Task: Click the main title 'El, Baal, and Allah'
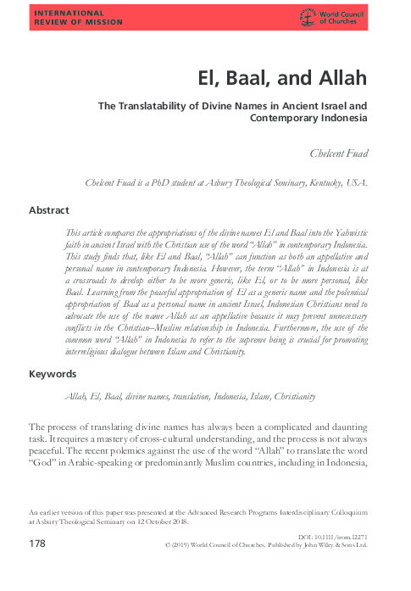277,79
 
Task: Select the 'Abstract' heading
51,209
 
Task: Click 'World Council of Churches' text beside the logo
345,16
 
